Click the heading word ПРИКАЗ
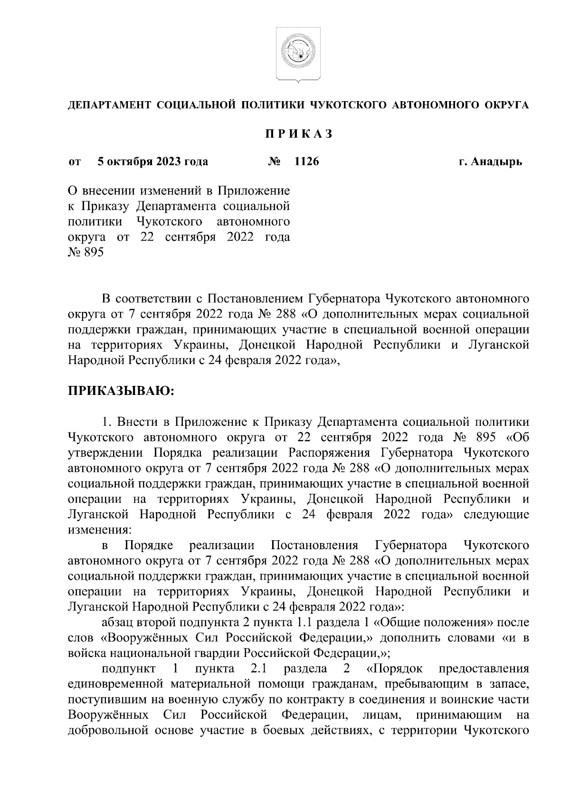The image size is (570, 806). [298, 134]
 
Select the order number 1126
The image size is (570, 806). [307, 162]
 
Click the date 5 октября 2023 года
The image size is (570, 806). [152, 162]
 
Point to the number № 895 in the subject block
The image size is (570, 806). [85, 253]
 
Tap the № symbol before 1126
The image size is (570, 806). [274, 162]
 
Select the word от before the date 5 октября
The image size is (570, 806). [75, 162]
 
